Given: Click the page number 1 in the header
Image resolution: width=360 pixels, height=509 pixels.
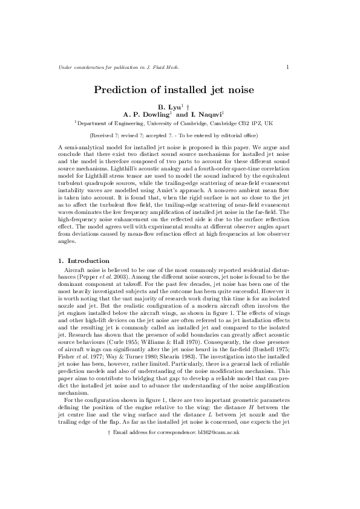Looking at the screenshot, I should coord(287,66).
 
